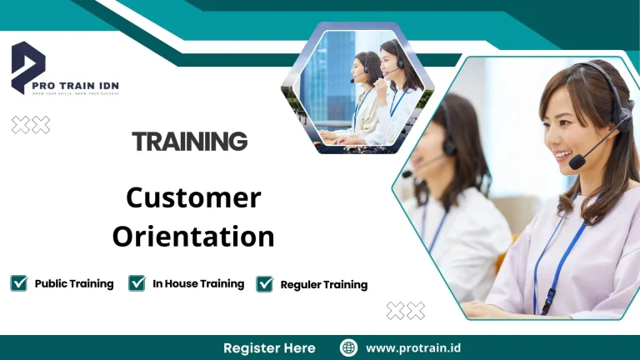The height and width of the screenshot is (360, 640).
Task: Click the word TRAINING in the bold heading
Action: tap(190, 142)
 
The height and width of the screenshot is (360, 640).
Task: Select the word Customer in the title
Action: tap(193, 198)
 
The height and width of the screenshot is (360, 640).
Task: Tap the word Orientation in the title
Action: tap(193, 237)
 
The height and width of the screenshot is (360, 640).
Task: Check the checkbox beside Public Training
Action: tap(18, 283)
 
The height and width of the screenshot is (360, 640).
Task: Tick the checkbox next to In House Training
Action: tap(137, 283)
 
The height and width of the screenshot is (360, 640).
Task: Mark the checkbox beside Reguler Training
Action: tap(265, 284)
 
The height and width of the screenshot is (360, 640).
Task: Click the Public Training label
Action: tap(74, 283)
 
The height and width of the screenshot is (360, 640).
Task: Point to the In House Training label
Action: tap(198, 283)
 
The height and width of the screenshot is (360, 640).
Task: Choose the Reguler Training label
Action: tap(324, 284)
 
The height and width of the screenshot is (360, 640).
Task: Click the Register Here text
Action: tap(269, 347)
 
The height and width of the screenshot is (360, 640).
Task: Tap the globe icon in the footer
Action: tap(349, 347)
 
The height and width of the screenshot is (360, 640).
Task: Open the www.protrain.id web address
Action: tap(413, 347)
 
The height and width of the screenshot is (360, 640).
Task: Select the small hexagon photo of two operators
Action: tap(357, 87)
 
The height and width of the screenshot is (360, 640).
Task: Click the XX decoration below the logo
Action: tap(31, 125)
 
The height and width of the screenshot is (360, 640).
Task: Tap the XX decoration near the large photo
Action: tap(406, 311)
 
